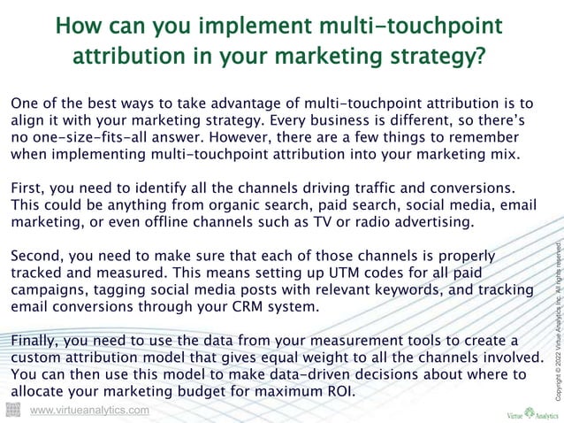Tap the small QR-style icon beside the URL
(12, 410)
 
